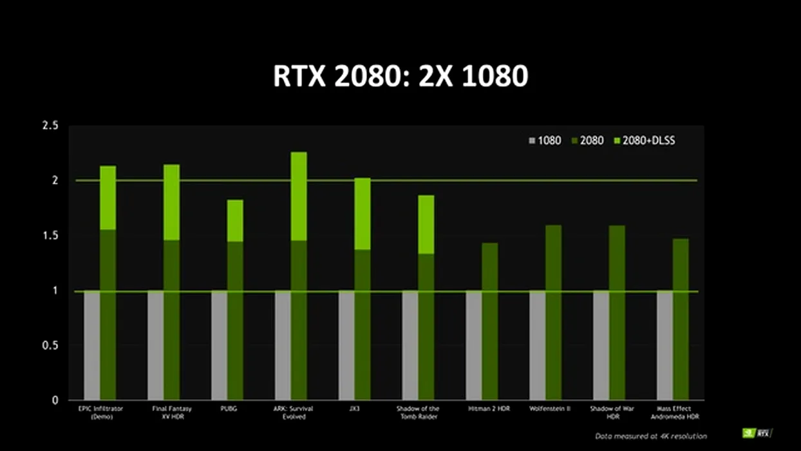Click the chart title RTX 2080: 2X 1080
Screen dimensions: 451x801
click(x=400, y=76)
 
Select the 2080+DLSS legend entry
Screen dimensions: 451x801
click(x=645, y=140)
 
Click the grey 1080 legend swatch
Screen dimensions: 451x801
click(x=532, y=140)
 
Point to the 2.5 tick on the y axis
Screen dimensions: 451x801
click(x=50, y=126)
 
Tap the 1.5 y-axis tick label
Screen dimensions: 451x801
click(x=50, y=236)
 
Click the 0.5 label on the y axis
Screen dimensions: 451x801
click(x=50, y=345)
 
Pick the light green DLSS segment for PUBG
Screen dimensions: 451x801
click(x=235, y=220)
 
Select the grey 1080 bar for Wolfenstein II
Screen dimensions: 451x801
click(x=538, y=345)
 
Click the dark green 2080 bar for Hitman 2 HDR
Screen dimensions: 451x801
click(x=489, y=321)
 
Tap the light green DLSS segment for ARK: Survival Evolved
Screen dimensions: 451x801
click(x=299, y=197)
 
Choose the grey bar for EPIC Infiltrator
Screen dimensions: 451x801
click(x=92, y=345)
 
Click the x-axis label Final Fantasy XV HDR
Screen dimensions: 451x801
click(x=171, y=412)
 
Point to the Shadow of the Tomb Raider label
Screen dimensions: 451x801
click(x=418, y=412)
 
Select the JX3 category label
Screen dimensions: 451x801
click(x=355, y=408)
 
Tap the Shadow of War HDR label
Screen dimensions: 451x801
click(x=608, y=412)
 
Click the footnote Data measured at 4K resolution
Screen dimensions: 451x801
click(x=651, y=436)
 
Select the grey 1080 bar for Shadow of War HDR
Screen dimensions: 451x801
click(x=601, y=345)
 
